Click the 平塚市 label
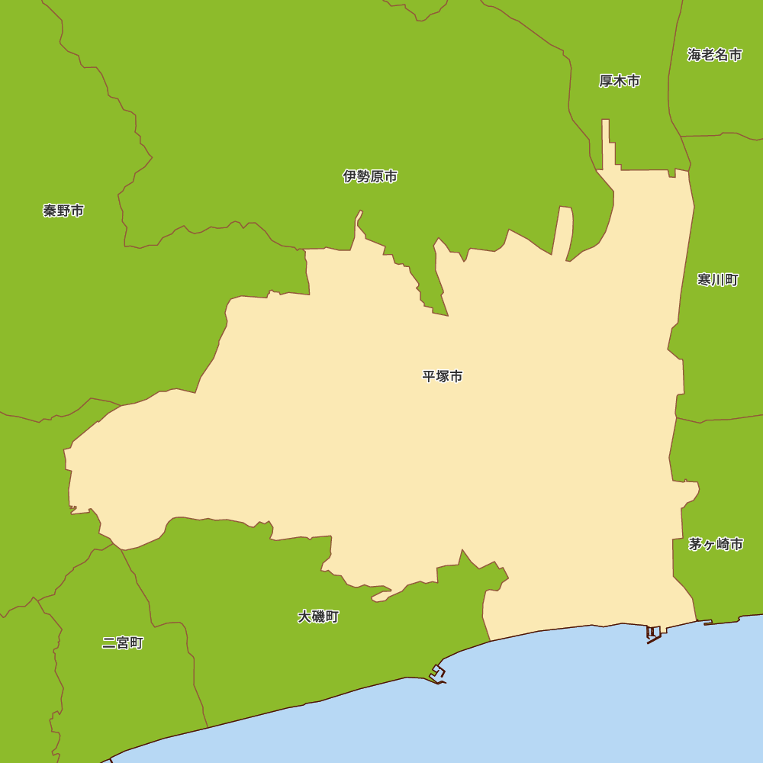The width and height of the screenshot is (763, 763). (443, 376)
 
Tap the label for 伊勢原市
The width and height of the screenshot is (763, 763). (370, 176)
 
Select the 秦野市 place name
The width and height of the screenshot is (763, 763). (63, 211)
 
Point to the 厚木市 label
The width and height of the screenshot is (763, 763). (619, 81)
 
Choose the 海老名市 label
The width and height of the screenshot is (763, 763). (715, 55)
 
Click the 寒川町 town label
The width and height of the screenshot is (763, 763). (718, 280)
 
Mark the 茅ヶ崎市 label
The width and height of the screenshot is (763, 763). (716, 544)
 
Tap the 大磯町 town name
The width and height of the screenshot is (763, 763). (318, 617)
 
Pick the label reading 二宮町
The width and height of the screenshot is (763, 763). (123, 643)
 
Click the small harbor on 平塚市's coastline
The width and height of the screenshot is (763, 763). (652, 633)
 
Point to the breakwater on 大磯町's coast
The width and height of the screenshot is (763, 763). (438, 673)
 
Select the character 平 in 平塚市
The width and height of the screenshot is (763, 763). (429, 376)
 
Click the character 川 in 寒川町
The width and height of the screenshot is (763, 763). (718, 280)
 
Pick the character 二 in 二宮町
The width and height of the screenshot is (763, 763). (109, 643)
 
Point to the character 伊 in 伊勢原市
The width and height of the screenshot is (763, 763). (349, 176)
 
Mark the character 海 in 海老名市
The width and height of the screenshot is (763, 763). (694, 55)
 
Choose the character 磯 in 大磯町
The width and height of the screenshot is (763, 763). (318, 617)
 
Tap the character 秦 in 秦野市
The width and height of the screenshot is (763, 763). (50, 211)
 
